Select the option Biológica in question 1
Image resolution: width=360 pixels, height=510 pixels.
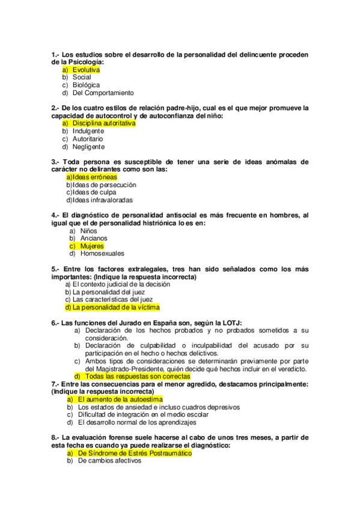click(x=86, y=85)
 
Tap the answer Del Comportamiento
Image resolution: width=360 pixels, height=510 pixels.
click(x=103, y=93)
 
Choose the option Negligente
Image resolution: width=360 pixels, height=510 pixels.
click(x=88, y=147)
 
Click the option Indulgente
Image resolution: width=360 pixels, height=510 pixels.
click(x=88, y=131)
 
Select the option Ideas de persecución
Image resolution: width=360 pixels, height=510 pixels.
click(x=100, y=185)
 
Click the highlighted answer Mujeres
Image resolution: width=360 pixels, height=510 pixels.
click(x=92, y=246)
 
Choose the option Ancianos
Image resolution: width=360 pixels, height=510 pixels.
click(x=94, y=238)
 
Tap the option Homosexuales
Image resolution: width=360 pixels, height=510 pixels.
click(x=100, y=254)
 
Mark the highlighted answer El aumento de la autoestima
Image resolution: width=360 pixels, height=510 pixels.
click(x=120, y=399)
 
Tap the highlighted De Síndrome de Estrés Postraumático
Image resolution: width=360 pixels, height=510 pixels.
click(x=135, y=453)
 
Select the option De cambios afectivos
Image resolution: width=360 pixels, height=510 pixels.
click(x=109, y=461)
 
